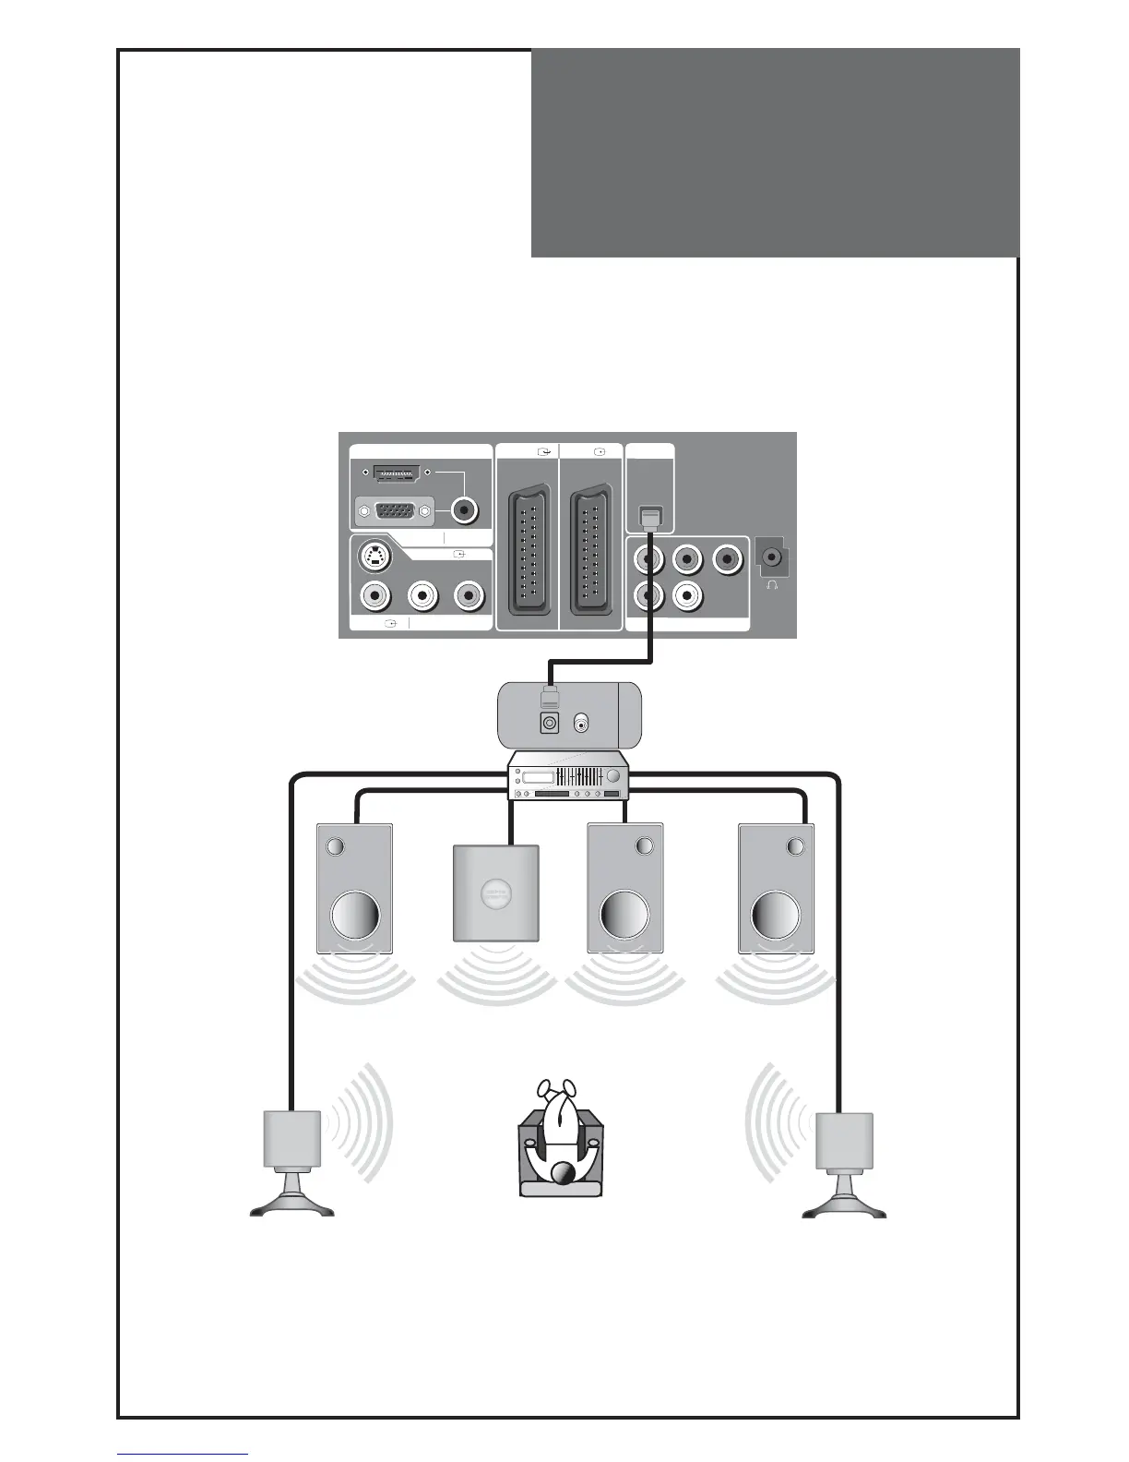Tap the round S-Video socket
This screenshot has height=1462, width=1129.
(374, 557)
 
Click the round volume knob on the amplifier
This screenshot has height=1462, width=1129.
(612, 780)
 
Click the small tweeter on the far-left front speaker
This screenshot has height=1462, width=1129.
(336, 845)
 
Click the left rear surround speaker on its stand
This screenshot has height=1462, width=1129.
(292, 1141)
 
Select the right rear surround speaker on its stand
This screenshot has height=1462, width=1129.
(844, 1141)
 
